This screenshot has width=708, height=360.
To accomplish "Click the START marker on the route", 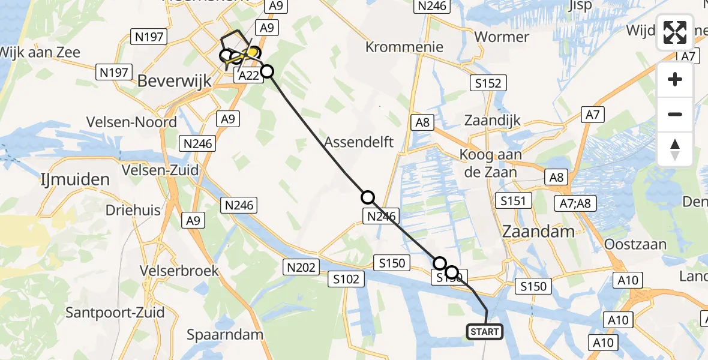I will pyautogui.click(x=484, y=332).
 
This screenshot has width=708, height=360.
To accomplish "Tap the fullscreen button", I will pyautogui.click(x=675, y=32).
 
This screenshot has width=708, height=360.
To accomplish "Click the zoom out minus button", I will pyautogui.click(x=675, y=114).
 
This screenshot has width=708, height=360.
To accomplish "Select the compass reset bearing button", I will pyautogui.click(x=675, y=149).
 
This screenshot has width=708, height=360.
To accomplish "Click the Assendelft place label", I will pyautogui.click(x=359, y=142).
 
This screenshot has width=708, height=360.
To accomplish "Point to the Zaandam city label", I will pyautogui.click(x=538, y=232).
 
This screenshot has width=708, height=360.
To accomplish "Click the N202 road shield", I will pyautogui.click(x=301, y=267).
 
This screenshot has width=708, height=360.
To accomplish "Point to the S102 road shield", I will pyautogui.click(x=347, y=278).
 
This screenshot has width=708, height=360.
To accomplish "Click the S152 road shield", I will pyautogui.click(x=487, y=83).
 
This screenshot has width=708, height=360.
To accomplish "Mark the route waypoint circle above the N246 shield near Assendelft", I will pyautogui.click(x=368, y=197).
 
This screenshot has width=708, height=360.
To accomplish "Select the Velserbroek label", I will pyautogui.click(x=179, y=271).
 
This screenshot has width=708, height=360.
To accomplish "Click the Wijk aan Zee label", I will pyautogui.click(x=40, y=52).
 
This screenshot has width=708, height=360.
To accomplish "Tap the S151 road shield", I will pyautogui.click(x=514, y=200).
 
